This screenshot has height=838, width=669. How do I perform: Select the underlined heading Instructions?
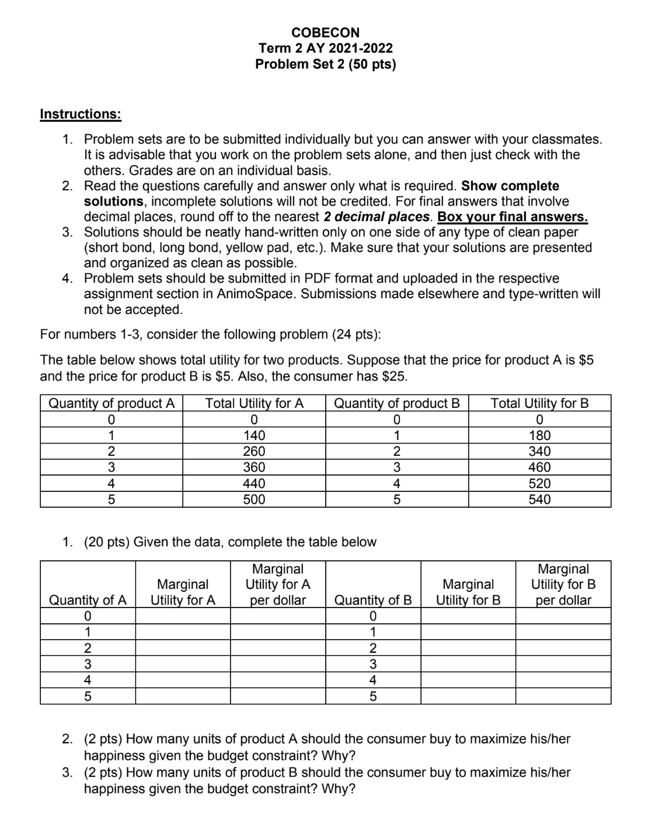pos(81,114)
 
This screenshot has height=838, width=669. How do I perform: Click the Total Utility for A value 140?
pos(254,435)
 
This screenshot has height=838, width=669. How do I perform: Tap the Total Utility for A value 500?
pos(254,499)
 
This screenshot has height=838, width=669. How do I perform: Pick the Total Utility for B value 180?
pos(539,435)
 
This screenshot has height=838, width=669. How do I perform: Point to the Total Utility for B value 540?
pos(539,499)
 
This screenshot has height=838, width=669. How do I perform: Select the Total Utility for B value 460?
pos(539,467)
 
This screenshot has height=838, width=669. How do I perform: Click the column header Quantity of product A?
pos(111,403)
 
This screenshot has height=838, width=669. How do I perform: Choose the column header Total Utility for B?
pos(539,403)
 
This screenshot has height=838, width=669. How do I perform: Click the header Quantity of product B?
pos(396,403)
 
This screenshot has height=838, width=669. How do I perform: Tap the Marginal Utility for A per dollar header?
pos(277,584)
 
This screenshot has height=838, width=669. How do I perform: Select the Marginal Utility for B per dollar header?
pos(563,584)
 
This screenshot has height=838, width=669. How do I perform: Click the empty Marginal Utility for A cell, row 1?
pos(183,632)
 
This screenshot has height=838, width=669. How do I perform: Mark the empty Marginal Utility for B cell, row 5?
pos(468,696)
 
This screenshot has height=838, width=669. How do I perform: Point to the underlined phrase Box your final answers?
pos(513,217)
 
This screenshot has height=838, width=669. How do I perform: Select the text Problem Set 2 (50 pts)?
pos(325,64)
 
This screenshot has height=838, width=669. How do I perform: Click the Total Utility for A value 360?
pos(254,467)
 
